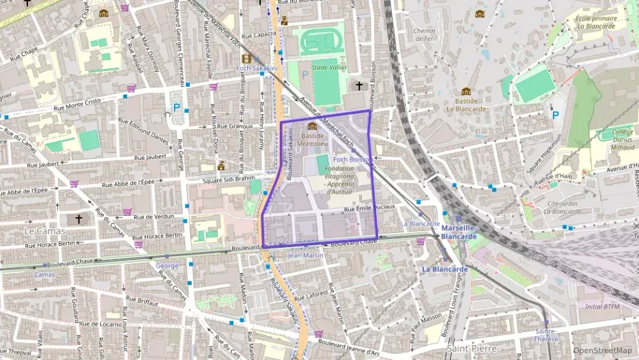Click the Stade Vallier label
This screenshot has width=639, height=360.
pos(329,68)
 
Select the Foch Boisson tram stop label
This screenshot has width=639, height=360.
pos(352,159)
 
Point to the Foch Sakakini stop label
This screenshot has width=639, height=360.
pos(257,68)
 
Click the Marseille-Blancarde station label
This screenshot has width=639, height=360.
pos(459,232)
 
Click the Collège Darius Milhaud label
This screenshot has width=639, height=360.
pos(618,139)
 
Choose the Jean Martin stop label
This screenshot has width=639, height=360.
pos(305,255)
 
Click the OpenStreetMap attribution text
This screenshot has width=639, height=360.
pos(602,350)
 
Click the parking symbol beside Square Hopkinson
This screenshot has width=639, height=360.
pos(555,115)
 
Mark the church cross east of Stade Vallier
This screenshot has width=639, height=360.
pos(360,85)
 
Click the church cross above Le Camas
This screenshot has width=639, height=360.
pos(79,219)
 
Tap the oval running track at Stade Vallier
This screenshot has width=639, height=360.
pos(322,41)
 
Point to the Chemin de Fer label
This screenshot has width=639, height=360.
pos(424,34)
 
